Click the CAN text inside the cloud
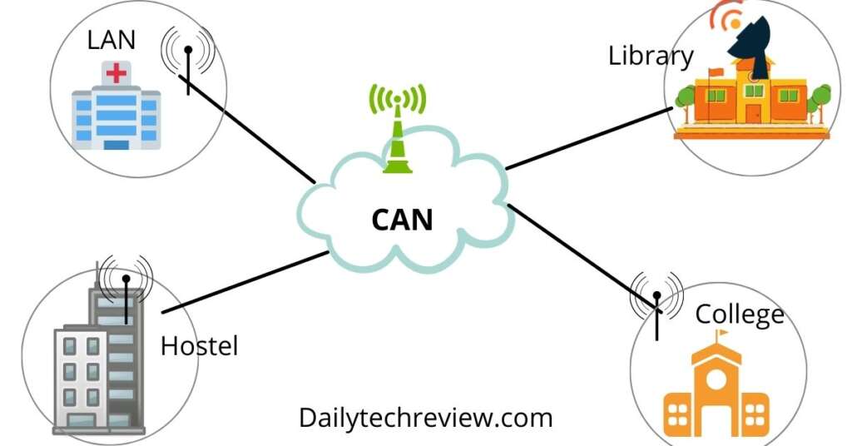click(402, 220)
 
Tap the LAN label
click(111, 39)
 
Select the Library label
click(651, 57)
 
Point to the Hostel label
click(199, 345)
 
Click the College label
click(739, 315)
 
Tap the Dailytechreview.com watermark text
click(425, 417)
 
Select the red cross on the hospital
click(116, 74)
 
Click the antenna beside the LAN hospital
click(188, 62)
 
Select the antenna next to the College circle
click(656, 308)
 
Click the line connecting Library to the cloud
click(587, 138)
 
